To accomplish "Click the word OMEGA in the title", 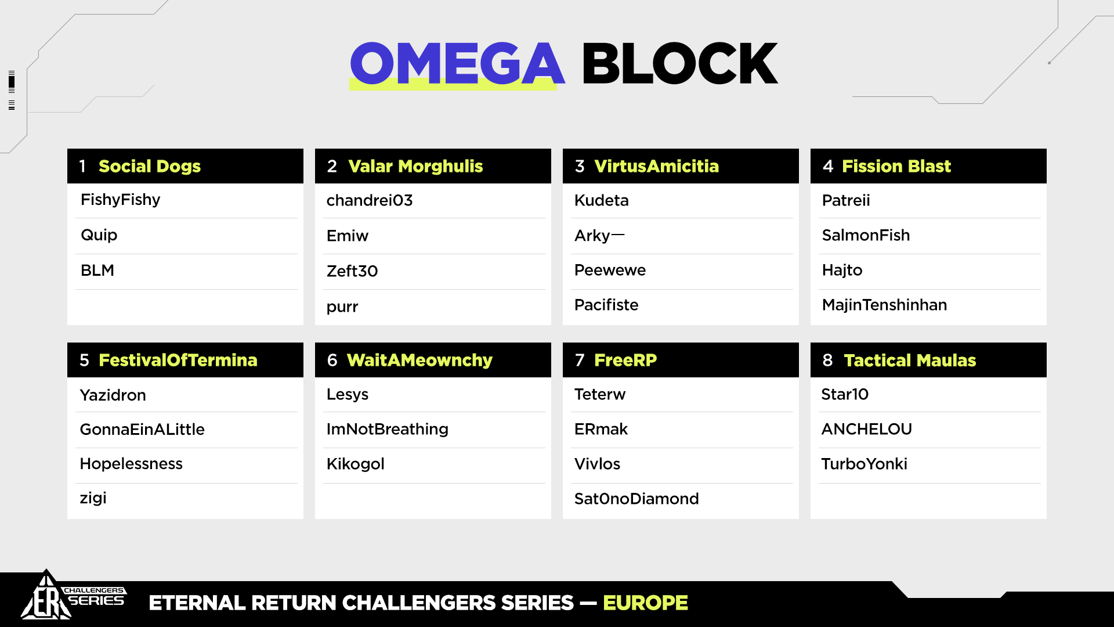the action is tap(457, 63).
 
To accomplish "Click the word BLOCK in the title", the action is tap(679, 63).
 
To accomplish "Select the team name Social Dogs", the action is tap(150, 167).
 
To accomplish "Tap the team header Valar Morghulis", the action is tap(415, 167).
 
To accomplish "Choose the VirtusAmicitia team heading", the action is tap(656, 167).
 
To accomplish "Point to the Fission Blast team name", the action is tap(896, 167).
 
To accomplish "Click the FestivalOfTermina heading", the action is tap(178, 360).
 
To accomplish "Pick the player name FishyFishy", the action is tap(120, 200).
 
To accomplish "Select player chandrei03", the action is tap(370, 200).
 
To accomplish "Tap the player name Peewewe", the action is tap(610, 270).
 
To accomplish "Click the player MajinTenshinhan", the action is tap(884, 305).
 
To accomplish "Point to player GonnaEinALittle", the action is tap(142, 429).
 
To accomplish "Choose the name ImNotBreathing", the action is tap(388, 429).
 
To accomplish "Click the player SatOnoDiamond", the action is tap(636, 499).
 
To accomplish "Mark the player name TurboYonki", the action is tap(864, 464).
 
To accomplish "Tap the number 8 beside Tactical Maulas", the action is tap(827, 360).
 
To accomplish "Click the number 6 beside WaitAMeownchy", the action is tap(332, 360).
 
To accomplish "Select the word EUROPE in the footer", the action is tap(645, 603).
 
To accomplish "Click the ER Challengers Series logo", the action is tap(73, 597).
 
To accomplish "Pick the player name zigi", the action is tap(93, 499).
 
